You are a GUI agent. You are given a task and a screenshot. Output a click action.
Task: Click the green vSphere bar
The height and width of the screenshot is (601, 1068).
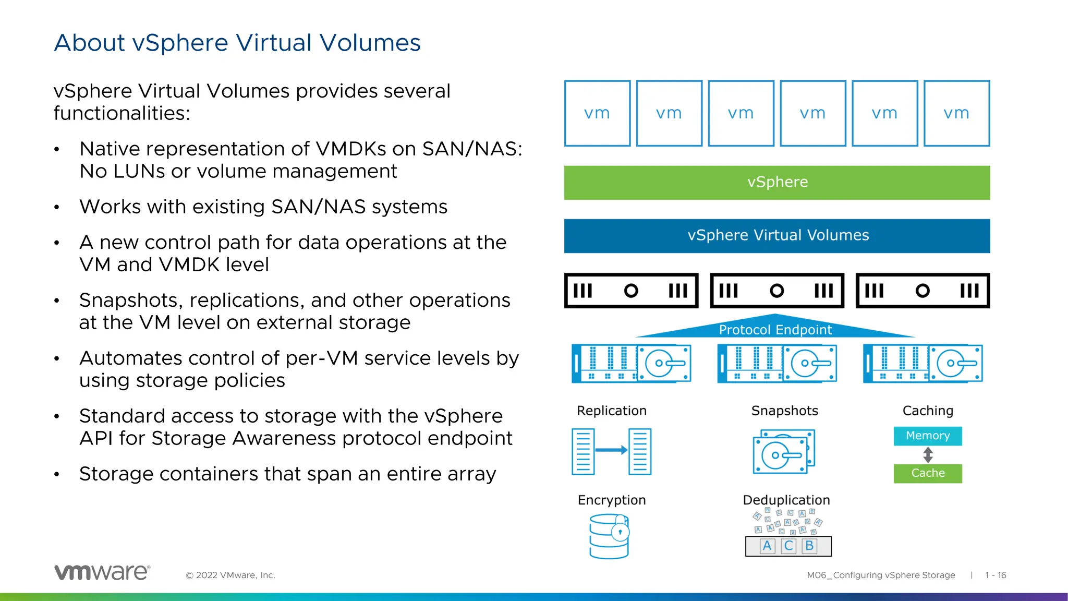point(777,183)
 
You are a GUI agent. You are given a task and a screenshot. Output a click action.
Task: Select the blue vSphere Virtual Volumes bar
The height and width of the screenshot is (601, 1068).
point(777,236)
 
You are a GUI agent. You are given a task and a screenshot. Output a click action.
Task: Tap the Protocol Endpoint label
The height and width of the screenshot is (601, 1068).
point(775,330)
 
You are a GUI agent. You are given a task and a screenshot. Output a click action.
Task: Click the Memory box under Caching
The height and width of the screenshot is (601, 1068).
point(928,436)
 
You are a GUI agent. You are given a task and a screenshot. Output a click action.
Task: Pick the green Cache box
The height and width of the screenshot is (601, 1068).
point(928,473)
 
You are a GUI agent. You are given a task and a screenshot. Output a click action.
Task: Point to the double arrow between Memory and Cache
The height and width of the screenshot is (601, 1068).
point(928,455)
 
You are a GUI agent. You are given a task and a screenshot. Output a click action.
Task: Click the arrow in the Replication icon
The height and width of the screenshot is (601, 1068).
point(611,450)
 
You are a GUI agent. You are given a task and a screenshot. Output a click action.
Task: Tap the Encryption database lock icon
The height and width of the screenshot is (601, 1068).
point(609,536)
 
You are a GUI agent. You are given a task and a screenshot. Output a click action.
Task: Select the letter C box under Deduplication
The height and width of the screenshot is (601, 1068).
point(788,546)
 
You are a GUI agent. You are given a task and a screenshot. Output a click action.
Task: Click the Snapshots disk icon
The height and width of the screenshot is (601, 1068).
point(783,452)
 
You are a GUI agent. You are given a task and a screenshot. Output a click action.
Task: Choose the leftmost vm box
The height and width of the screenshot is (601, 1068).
point(597,113)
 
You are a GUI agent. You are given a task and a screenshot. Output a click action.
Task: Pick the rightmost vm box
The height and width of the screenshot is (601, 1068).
point(956,113)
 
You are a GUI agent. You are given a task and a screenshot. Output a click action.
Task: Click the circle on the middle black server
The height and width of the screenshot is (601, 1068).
point(776,291)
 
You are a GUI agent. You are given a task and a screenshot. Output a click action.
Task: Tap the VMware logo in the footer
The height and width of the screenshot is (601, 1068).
point(102,572)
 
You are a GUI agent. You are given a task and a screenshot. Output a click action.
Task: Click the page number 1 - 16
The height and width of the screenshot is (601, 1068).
point(995,575)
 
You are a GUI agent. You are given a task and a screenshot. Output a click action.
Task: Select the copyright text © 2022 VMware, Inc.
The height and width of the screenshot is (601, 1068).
point(230,575)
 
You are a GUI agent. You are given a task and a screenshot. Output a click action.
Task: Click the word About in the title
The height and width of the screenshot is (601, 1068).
point(89,43)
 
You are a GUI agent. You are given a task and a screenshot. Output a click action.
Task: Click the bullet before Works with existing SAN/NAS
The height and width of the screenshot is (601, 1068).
point(57,208)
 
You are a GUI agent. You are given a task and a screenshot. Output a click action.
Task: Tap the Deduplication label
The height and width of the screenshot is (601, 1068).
point(786,500)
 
